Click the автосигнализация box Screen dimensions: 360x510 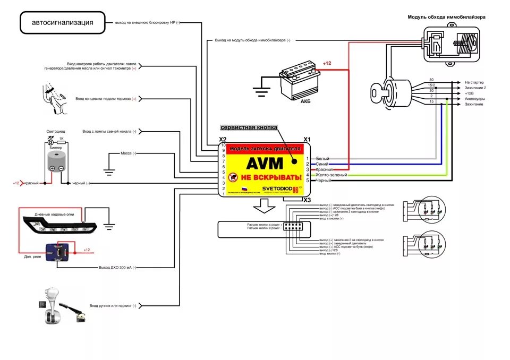63,23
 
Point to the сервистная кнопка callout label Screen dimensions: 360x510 249,128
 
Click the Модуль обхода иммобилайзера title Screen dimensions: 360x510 446,17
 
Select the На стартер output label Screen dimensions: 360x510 474,82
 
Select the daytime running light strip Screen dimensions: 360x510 60,225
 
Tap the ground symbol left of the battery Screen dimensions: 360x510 260,91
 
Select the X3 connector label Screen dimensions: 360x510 307,200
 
